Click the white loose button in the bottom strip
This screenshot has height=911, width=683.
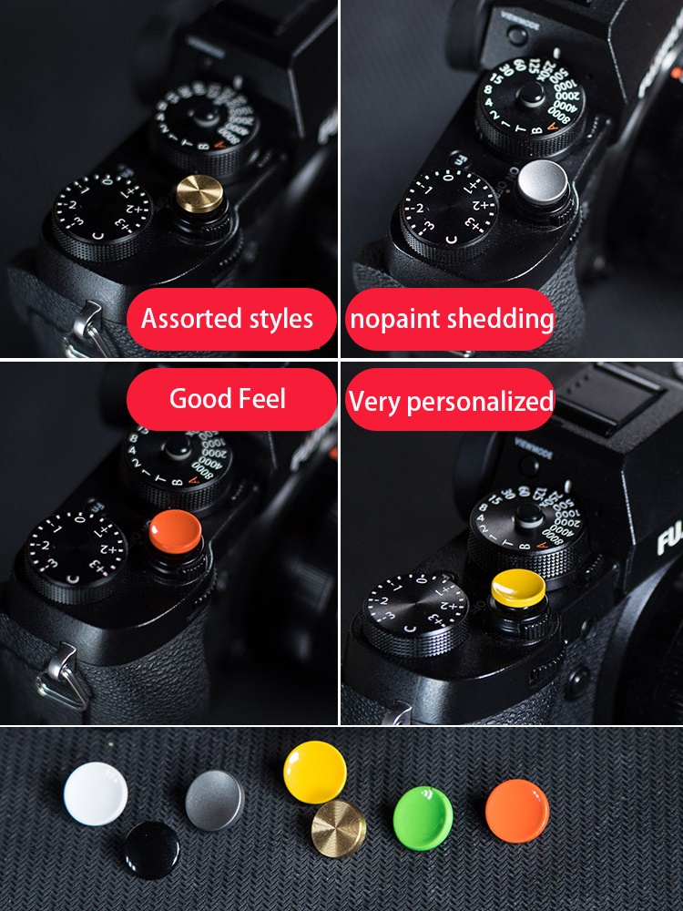click(96, 794)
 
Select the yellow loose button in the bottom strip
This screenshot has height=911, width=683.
click(315, 772)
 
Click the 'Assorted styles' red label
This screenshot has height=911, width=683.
click(227, 319)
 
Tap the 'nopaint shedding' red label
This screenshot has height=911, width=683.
click(452, 319)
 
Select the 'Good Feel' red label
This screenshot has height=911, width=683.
click(228, 399)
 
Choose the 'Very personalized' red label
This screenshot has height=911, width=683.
click(452, 401)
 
